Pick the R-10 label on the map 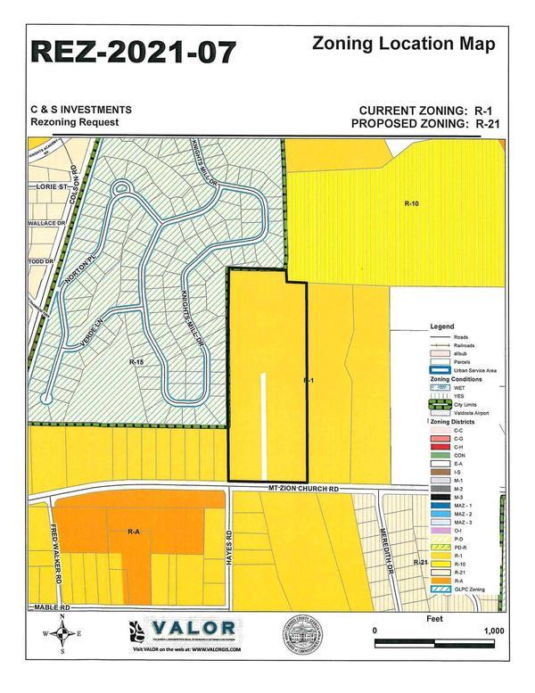[411, 203]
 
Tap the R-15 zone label [136, 362]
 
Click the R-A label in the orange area [134, 532]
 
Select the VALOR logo [194, 629]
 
